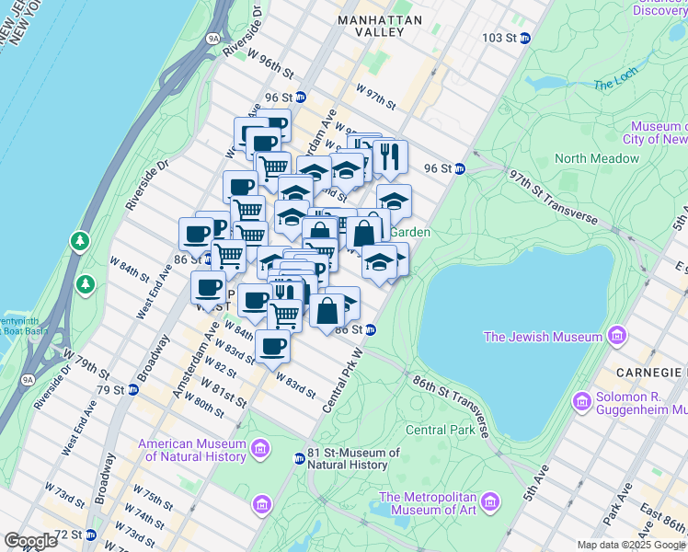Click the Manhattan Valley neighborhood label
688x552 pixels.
(x=372, y=25)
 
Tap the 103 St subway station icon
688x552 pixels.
(x=525, y=38)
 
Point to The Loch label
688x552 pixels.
(x=615, y=84)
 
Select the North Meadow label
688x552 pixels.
(x=596, y=158)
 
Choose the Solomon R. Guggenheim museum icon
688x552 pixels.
(x=581, y=401)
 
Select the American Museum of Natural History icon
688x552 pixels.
(x=261, y=450)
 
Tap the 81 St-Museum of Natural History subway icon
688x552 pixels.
(x=299, y=458)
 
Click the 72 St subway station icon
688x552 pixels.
(x=90, y=535)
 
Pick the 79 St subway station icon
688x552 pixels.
(x=132, y=389)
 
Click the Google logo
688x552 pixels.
(x=30, y=541)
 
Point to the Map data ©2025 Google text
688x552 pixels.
(x=630, y=545)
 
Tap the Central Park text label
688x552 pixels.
(x=440, y=430)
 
